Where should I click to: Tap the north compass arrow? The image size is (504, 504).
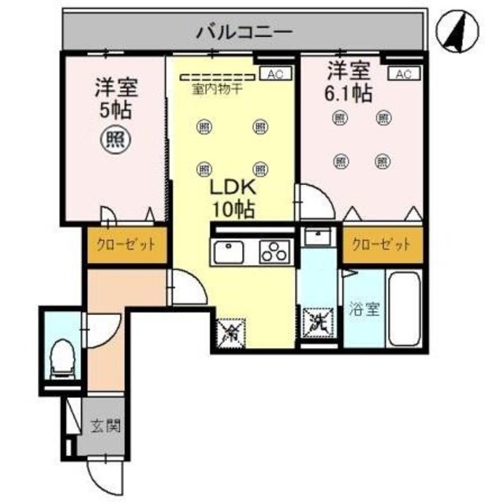pos(456,31)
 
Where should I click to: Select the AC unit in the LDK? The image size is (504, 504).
pos(274,74)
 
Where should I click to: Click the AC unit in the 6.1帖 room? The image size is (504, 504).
pos(403,74)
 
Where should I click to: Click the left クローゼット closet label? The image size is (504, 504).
pos(126,244)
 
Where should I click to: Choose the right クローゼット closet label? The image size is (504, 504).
pos(382,244)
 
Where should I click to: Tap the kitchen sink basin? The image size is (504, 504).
pos(228,254)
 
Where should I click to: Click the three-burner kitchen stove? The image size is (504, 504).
pos(274,253)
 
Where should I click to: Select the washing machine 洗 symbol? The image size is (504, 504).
pos(319,321)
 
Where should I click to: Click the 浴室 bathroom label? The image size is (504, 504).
pos(364,309)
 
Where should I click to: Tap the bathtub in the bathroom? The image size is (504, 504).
pos(406,309)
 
